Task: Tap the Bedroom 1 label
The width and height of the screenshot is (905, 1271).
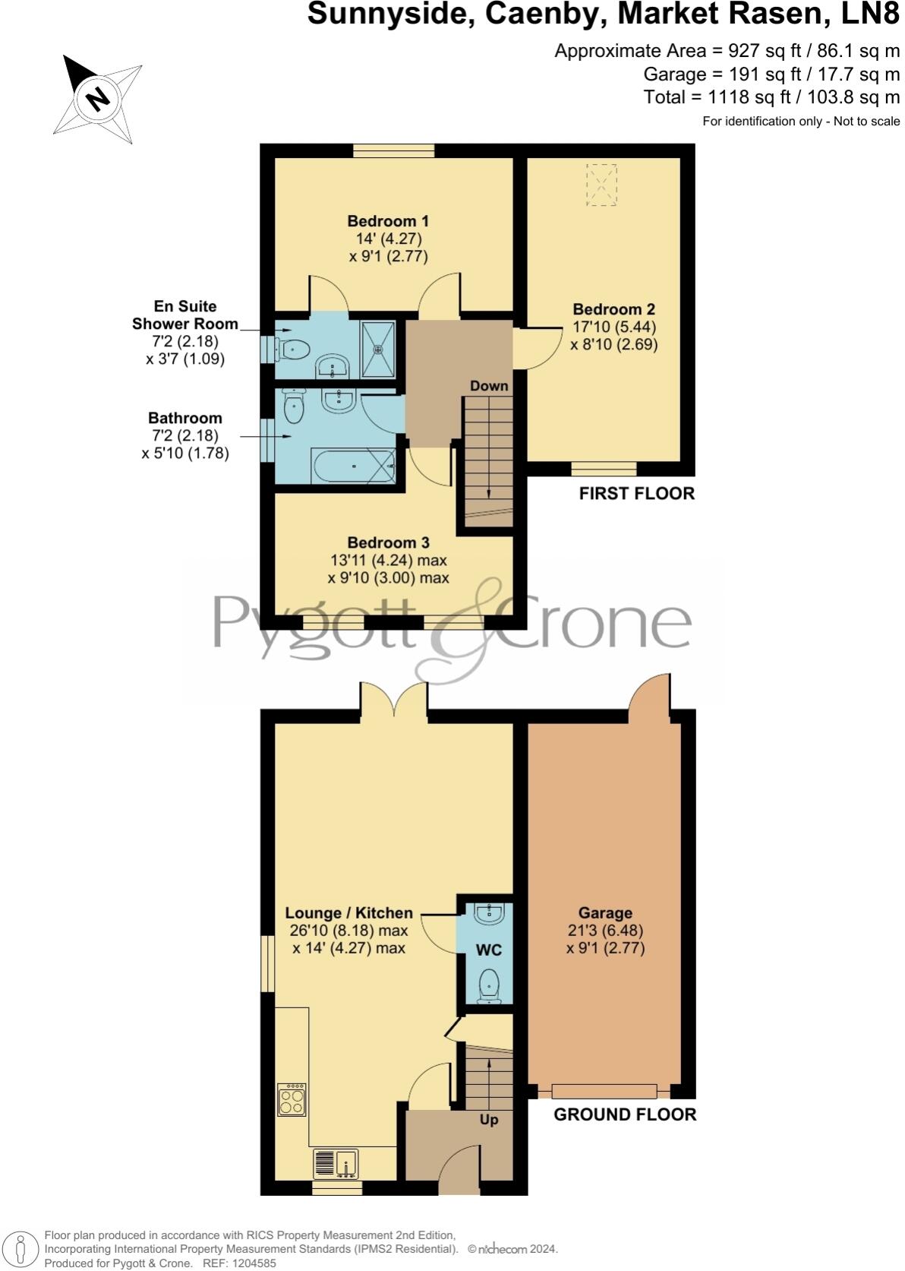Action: pyautogui.click(x=388, y=221)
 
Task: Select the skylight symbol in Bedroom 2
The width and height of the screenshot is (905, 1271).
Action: pyautogui.click(x=602, y=184)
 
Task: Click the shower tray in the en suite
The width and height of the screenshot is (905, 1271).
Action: pyautogui.click(x=378, y=349)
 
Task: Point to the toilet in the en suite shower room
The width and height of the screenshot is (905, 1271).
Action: pyautogui.click(x=293, y=350)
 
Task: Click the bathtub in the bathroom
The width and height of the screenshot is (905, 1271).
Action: pyautogui.click(x=352, y=466)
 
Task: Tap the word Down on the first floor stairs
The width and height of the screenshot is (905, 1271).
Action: pyautogui.click(x=488, y=385)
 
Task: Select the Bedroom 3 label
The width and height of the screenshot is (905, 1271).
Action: pyautogui.click(x=388, y=542)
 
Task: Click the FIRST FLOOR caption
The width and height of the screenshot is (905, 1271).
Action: pyautogui.click(x=636, y=493)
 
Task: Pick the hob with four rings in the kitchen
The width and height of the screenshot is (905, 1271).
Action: pyautogui.click(x=292, y=1099)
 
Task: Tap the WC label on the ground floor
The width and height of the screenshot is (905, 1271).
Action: pyautogui.click(x=489, y=950)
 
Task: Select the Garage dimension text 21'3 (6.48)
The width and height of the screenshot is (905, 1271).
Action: pyautogui.click(x=605, y=931)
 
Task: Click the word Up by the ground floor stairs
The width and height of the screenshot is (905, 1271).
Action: pyautogui.click(x=489, y=1119)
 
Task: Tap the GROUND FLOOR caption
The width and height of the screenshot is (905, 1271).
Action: pyautogui.click(x=624, y=1114)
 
